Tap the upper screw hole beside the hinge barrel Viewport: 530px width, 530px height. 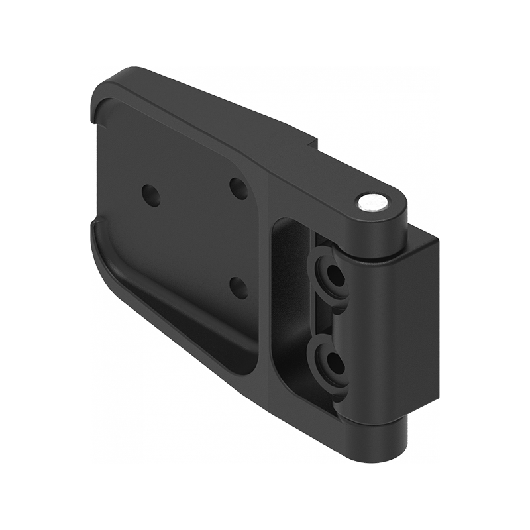tap(331, 273)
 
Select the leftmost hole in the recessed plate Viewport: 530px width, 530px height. tap(151, 193)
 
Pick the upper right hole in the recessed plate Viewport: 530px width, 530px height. tap(238, 188)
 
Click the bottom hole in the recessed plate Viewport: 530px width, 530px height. tap(238, 288)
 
